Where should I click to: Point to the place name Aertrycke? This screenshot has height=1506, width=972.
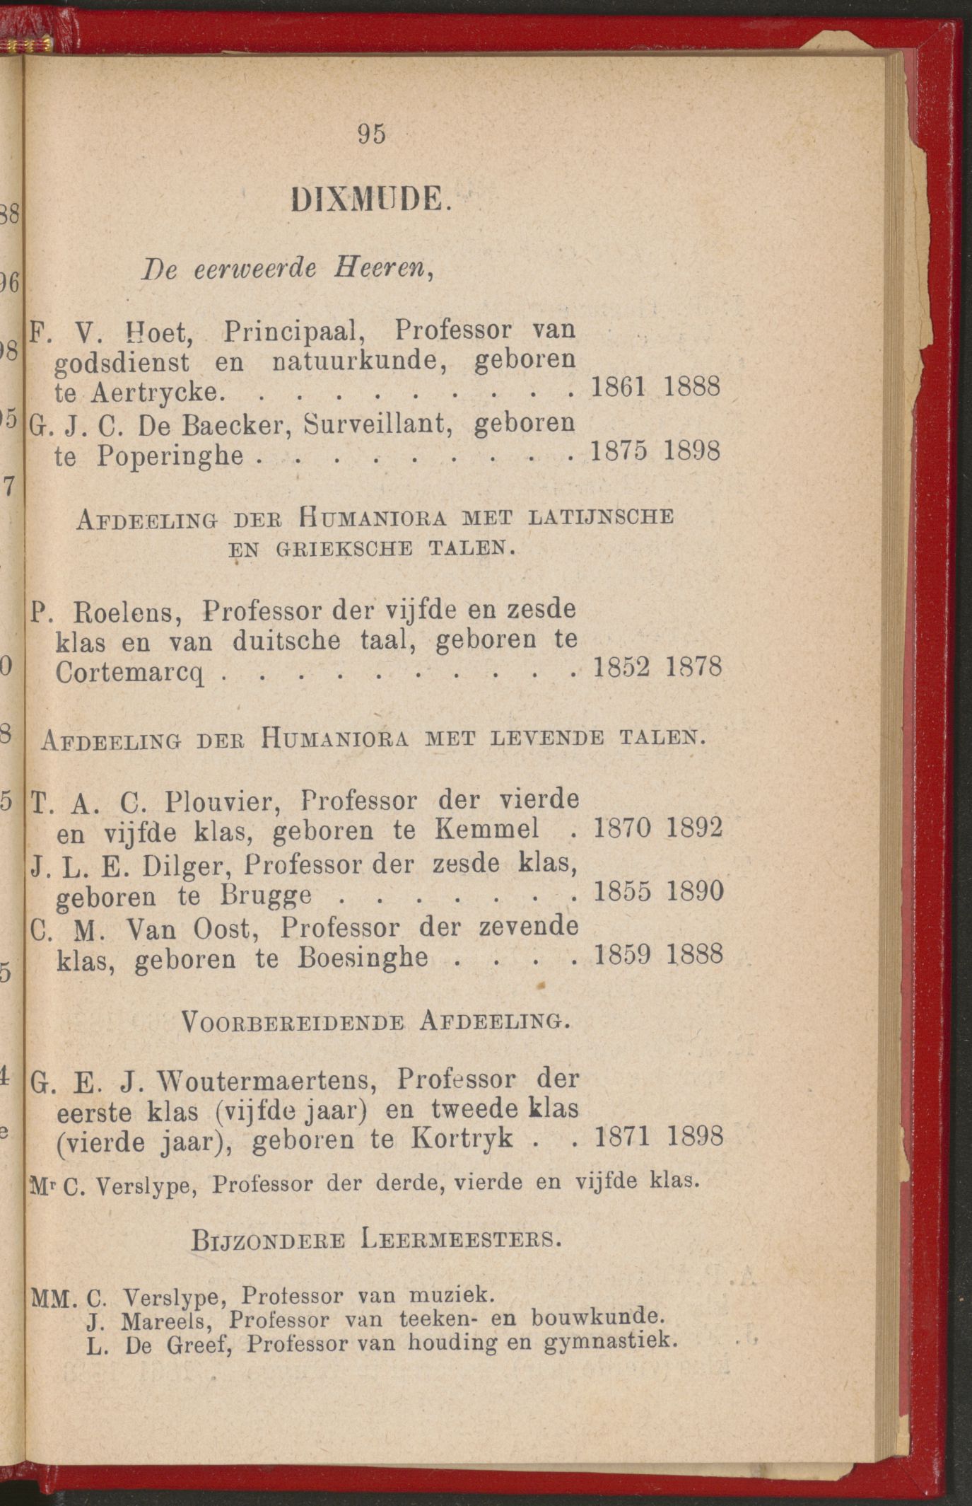coord(161,392)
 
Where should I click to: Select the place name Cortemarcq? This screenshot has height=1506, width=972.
coord(129,673)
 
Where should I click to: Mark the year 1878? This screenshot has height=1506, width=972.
coord(693,666)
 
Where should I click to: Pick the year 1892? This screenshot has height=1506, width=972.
coord(694,828)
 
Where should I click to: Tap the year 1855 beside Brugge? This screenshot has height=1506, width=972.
coord(622,891)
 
